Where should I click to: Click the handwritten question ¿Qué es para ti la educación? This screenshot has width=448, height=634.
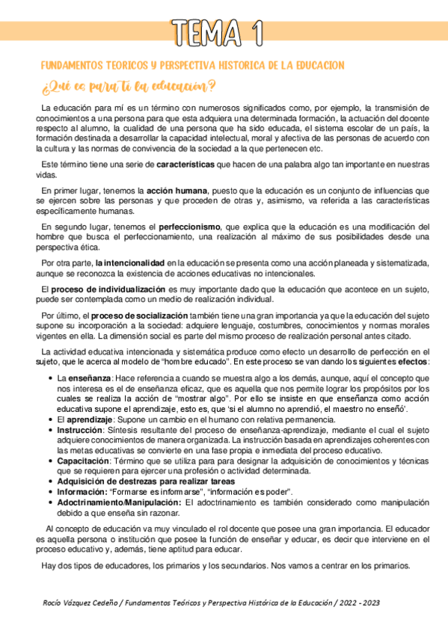[x=129, y=84]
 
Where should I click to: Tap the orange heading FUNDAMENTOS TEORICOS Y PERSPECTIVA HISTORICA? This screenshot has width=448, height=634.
[x=192, y=66]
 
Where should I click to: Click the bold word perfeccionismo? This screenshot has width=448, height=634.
[x=189, y=227]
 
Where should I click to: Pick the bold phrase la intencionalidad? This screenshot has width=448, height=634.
[x=130, y=262]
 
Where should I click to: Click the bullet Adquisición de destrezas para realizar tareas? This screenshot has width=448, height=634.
[x=138, y=481]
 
